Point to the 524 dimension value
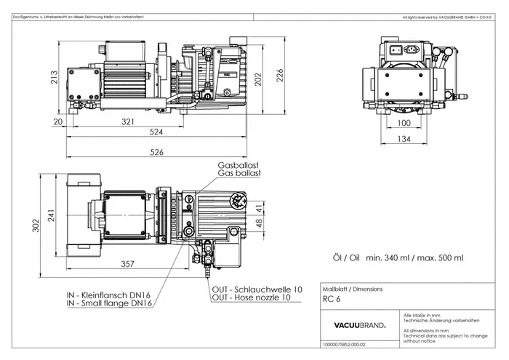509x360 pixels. [x=156, y=133]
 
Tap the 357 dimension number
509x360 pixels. [x=127, y=263]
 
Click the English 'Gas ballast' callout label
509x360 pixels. [x=239, y=174]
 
